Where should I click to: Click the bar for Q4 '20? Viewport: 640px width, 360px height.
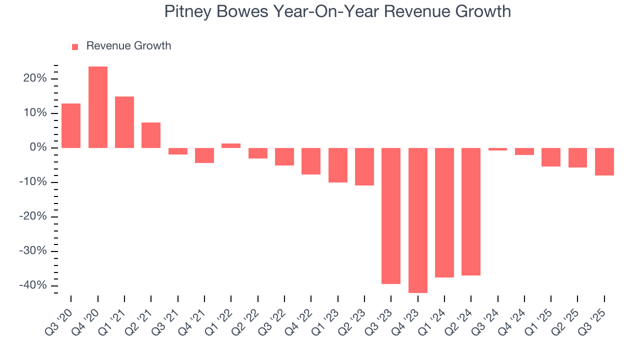[x=98, y=107]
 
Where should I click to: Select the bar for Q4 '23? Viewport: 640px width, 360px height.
[x=418, y=220]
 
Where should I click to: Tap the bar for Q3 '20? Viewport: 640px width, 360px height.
[x=71, y=125]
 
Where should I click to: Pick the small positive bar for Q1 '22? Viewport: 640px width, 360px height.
[x=231, y=145]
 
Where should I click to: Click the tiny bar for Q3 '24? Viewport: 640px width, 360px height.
[x=497, y=149]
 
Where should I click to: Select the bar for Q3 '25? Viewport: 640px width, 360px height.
[x=604, y=161]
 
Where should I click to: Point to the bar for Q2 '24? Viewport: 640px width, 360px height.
[x=471, y=211]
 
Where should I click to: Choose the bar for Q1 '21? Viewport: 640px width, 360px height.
[x=124, y=122]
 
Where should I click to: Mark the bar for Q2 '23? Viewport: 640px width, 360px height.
[x=364, y=166]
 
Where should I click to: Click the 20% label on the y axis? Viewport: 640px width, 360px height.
[x=34, y=78]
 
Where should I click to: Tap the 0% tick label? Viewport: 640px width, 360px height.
[x=37, y=147]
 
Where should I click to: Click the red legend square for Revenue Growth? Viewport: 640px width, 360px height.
[x=75, y=47]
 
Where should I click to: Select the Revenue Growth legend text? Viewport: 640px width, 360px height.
[x=128, y=46]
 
